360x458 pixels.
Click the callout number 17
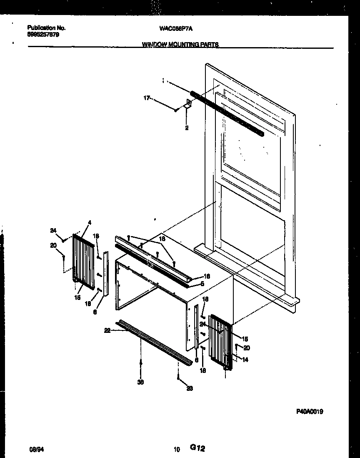[146, 98]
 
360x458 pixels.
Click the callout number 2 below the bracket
[187, 128]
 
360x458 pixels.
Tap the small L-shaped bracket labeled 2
[188, 104]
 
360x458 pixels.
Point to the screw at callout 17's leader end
[177, 110]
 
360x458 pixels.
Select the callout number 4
[90, 222]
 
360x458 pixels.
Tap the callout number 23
[190, 388]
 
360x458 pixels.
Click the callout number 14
[245, 360]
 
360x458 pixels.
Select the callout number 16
[207, 276]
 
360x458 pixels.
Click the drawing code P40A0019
[310, 411]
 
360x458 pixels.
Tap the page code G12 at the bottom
[197, 448]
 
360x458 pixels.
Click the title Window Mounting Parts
[180, 44]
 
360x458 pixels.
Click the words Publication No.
[46, 28]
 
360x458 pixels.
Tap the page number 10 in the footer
[177, 450]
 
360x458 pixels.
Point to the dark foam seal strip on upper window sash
[227, 113]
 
